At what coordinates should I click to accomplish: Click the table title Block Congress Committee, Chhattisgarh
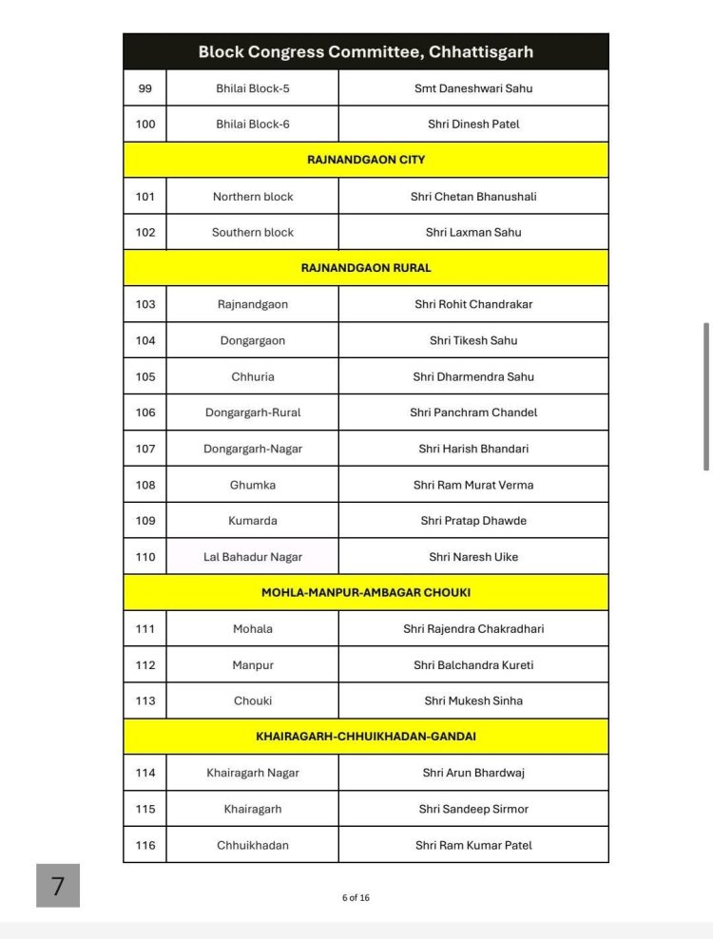[x=365, y=52]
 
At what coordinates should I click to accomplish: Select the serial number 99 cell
[x=145, y=88]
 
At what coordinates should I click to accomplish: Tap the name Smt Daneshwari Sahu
[x=473, y=88]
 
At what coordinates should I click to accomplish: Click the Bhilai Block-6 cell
[x=253, y=125]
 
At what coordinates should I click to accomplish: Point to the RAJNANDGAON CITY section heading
[x=366, y=160]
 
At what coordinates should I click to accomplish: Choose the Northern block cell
[x=253, y=197]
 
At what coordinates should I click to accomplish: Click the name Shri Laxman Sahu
[x=473, y=233]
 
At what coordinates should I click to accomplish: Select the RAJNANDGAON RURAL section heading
[x=366, y=268]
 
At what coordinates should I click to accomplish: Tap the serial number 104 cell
[x=145, y=340]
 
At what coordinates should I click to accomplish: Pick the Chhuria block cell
[x=253, y=376]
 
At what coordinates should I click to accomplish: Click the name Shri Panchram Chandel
[x=473, y=412]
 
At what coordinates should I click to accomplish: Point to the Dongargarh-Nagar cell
[x=253, y=449]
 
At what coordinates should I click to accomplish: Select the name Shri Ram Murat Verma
[x=473, y=485]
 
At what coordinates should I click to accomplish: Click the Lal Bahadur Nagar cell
[x=253, y=557]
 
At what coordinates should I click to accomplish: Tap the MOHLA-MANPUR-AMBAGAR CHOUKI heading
[x=366, y=592]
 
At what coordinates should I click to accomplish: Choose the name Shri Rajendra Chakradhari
[x=473, y=629]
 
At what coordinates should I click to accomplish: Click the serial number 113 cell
[x=145, y=701]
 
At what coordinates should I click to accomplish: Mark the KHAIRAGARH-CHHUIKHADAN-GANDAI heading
[x=366, y=737]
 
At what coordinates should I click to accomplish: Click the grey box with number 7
[x=58, y=886]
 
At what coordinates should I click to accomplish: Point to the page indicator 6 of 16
[x=356, y=897]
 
